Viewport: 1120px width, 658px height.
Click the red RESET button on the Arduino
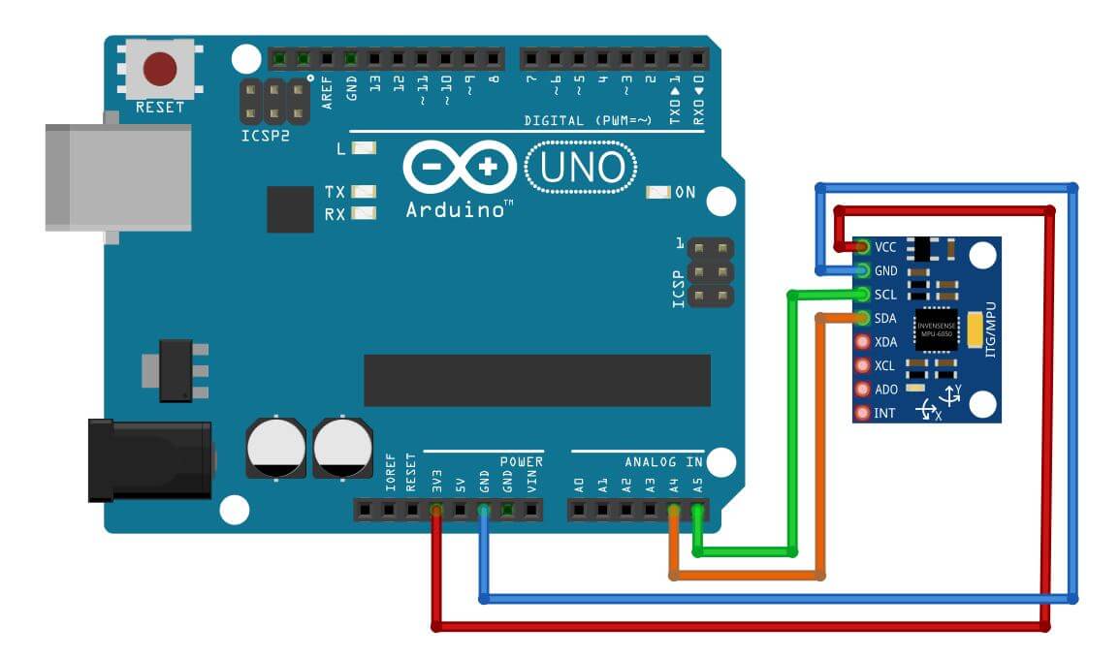[160, 69]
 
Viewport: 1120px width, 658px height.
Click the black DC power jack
[148, 459]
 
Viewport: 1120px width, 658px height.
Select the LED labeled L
[364, 149]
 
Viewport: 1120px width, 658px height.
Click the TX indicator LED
[364, 192]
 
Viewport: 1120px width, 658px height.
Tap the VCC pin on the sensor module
[861, 247]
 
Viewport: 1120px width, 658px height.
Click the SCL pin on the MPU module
[861, 294]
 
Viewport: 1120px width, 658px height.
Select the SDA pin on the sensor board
[861, 318]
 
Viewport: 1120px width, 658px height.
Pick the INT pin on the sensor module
[861, 413]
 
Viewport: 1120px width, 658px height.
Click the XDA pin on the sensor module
[861, 341]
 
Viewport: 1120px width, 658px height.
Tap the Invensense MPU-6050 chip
[936, 329]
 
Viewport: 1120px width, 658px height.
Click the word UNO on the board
[581, 169]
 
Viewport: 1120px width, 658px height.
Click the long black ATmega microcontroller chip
[536, 380]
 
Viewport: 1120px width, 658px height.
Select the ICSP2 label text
[265, 137]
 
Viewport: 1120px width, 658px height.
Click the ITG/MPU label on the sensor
[990, 329]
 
